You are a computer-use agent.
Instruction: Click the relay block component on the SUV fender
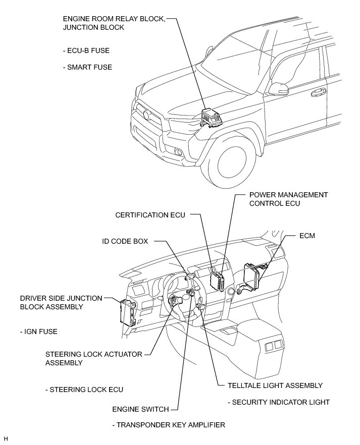[211, 118]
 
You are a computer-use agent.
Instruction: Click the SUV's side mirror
[279, 90]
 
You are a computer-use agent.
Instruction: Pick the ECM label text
[307, 236]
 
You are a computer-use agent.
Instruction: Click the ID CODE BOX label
[125, 241]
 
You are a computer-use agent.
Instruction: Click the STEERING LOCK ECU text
[84, 390]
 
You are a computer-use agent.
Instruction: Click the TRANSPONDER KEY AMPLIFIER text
[169, 425]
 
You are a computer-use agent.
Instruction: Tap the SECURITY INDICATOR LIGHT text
[279, 402]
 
